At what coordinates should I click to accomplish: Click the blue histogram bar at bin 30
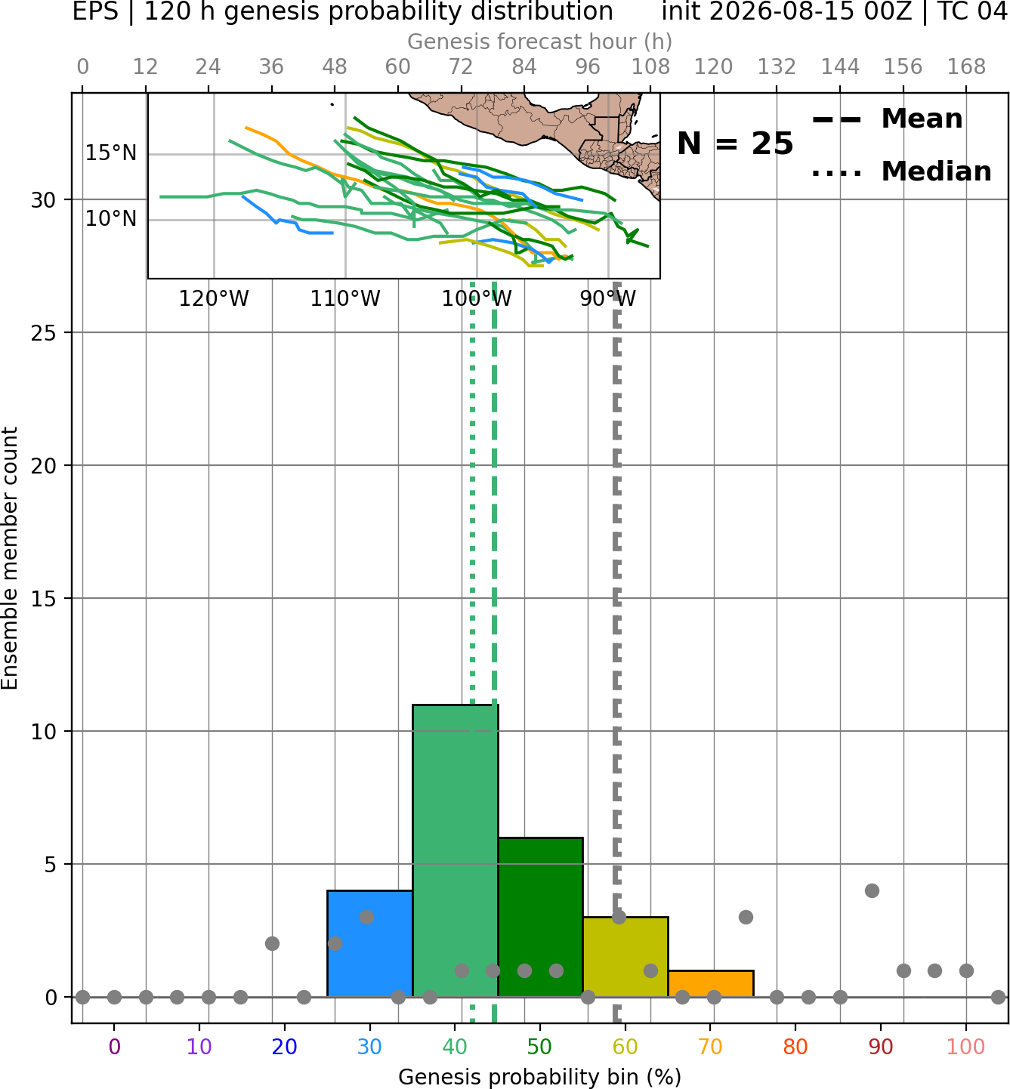click(369, 943)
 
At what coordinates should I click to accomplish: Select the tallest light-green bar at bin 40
click(456, 850)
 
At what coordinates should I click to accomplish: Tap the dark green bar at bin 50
click(540, 917)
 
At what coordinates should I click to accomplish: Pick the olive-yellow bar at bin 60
click(625, 957)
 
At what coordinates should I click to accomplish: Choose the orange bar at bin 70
click(711, 983)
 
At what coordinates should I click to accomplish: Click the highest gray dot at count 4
click(872, 890)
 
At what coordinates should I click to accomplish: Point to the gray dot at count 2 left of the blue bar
click(272, 944)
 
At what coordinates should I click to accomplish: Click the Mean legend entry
click(887, 119)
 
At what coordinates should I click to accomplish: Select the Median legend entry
click(901, 171)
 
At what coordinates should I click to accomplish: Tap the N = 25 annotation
click(735, 143)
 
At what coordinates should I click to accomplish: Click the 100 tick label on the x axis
click(965, 1047)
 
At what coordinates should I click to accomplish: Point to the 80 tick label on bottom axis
click(795, 1047)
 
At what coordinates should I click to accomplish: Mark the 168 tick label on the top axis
click(967, 67)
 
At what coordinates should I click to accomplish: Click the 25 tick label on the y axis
click(44, 333)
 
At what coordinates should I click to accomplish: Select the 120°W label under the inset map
click(214, 299)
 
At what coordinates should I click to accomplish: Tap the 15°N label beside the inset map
click(111, 153)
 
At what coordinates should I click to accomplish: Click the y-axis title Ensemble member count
click(9, 558)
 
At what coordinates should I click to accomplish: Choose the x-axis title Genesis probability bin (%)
click(540, 1077)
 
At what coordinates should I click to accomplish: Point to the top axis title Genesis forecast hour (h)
click(540, 42)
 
